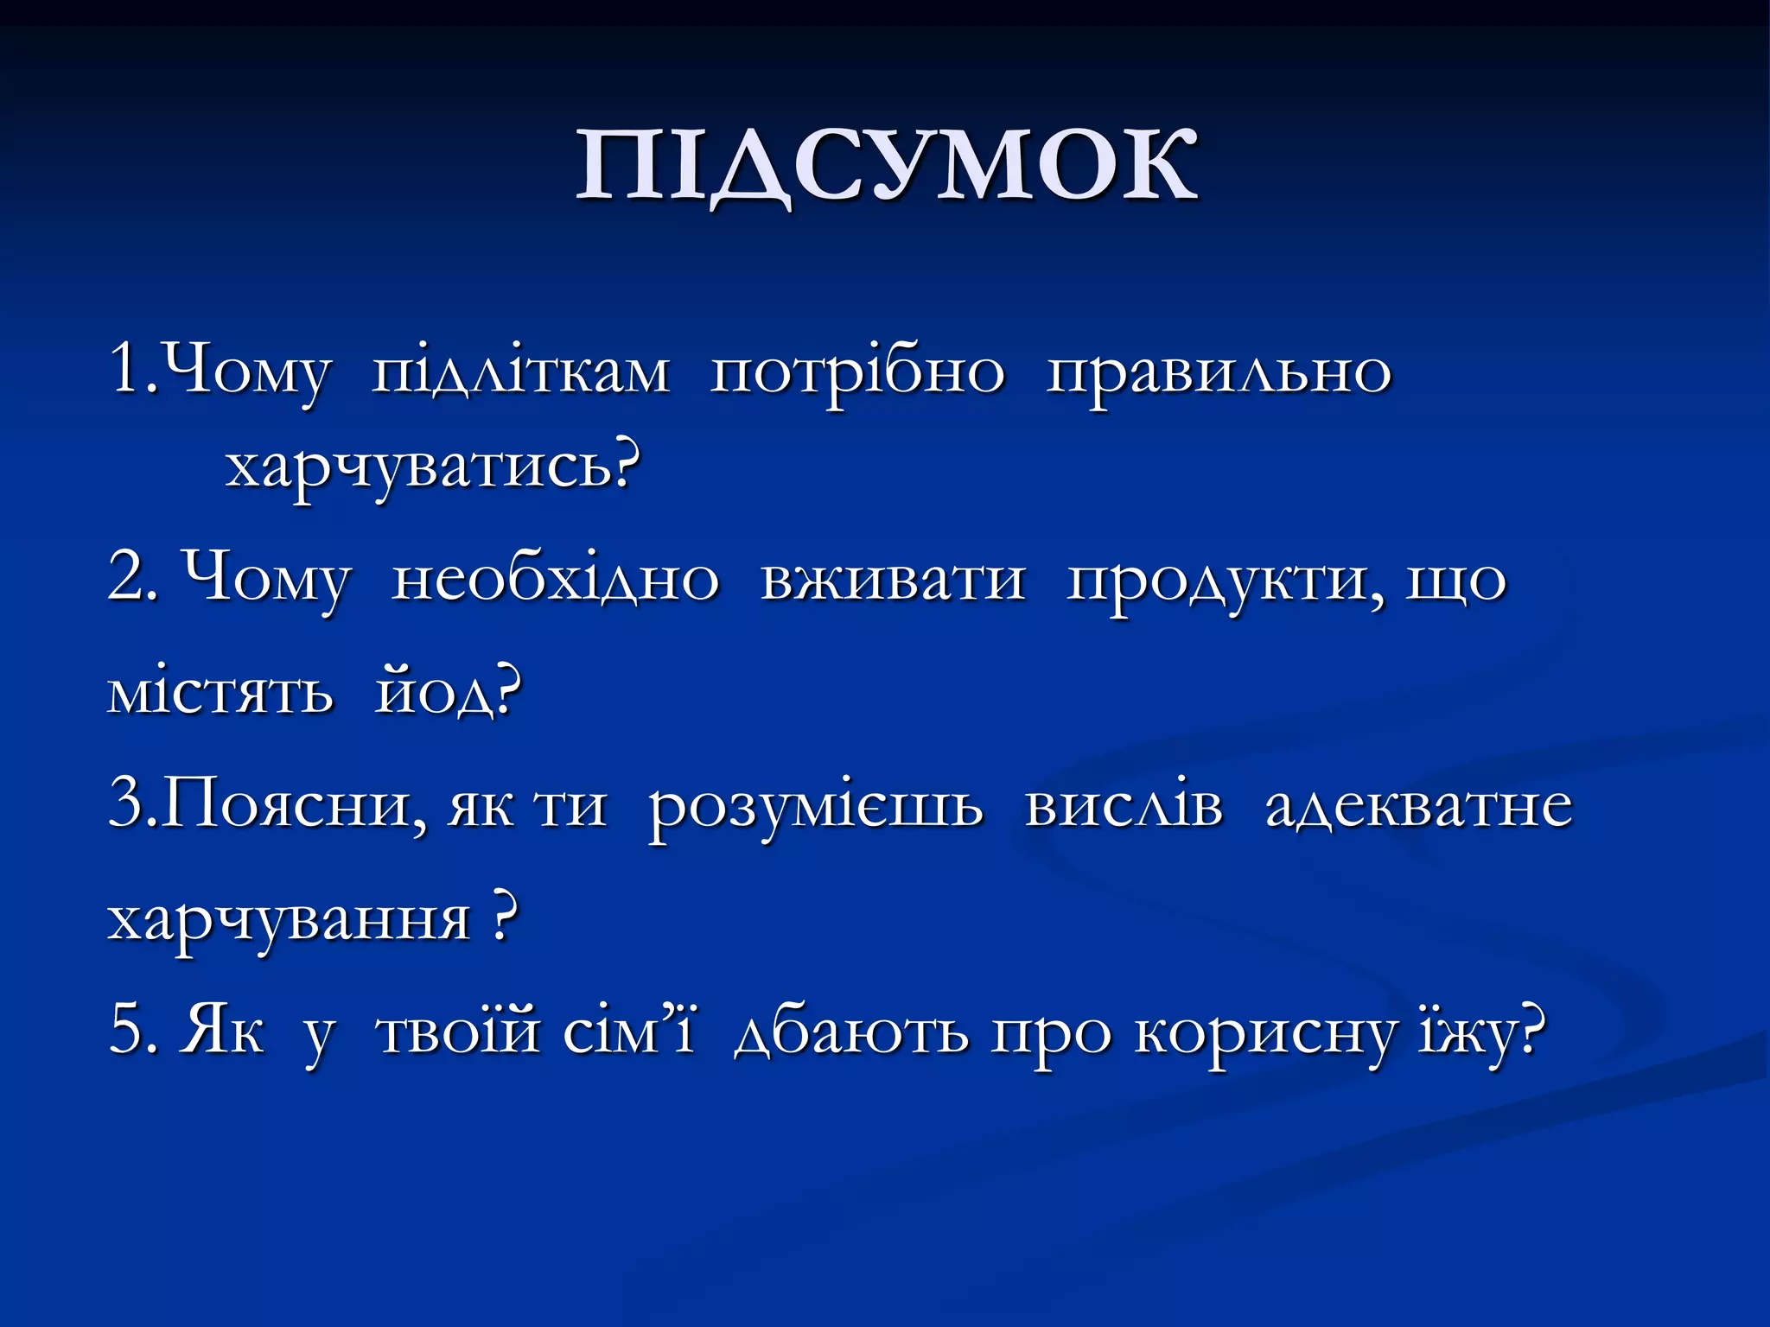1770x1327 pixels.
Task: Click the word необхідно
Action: pyautogui.click(x=555, y=579)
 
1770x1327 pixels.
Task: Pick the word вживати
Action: pyautogui.click(x=893, y=579)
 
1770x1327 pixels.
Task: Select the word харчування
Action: pyautogui.click(x=289, y=919)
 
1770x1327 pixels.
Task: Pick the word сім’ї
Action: pyautogui.click(x=629, y=1032)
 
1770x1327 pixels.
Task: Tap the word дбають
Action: pyautogui.click(x=851, y=1032)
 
